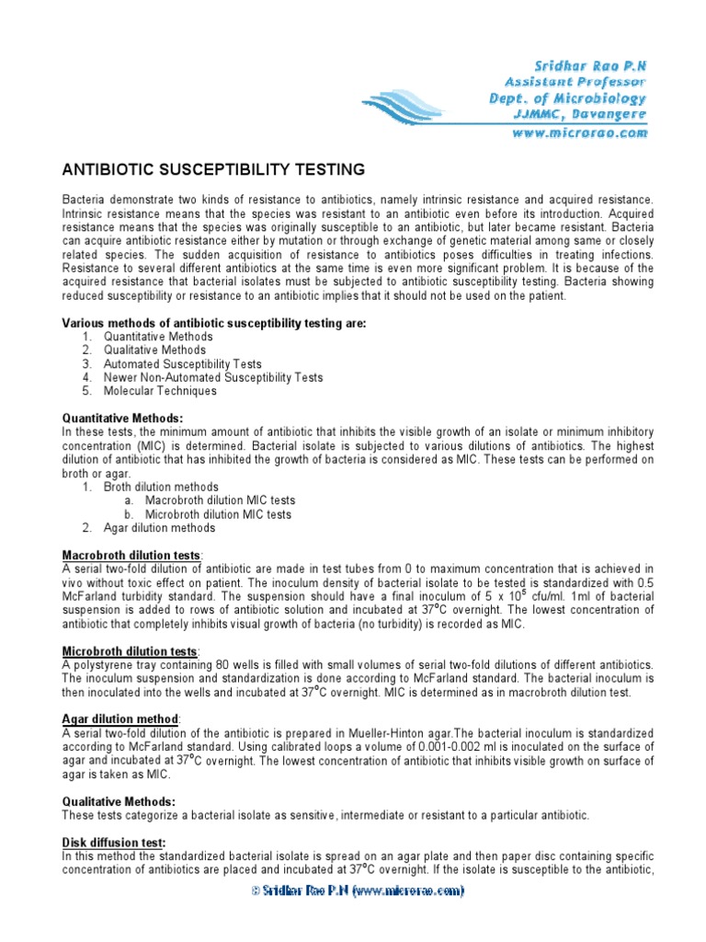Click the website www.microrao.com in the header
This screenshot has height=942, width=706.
[x=578, y=133]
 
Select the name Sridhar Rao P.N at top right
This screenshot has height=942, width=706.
[x=591, y=64]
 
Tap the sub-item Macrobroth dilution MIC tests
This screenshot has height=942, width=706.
[x=221, y=500]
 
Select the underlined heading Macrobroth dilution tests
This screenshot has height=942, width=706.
[x=131, y=556]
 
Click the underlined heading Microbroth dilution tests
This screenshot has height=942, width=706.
[x=129, y=651]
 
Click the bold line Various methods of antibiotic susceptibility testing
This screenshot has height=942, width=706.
[x=213, y=323]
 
